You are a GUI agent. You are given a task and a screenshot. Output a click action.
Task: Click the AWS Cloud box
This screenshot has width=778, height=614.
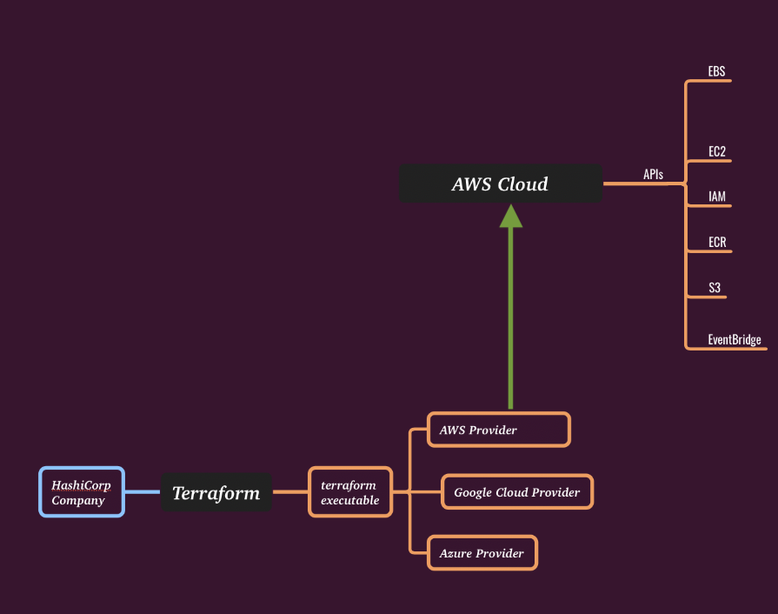click(500, 184)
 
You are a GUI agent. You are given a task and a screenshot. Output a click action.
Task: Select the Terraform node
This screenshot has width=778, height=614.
click(216, 493)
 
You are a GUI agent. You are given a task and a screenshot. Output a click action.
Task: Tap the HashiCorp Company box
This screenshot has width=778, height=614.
click(82, 492)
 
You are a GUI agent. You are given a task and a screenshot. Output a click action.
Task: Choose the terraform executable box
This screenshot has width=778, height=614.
click(349, 492)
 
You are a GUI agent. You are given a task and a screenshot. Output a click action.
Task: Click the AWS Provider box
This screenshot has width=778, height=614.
click(498, 430)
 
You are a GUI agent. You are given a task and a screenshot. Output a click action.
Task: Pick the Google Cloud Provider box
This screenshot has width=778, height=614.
click(516, 492)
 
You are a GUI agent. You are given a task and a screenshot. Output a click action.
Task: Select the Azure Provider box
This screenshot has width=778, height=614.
click(482, 553)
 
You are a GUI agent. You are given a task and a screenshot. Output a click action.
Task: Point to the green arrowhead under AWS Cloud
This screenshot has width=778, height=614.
click(510, 217)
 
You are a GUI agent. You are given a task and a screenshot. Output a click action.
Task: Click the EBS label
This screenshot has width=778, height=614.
click(716, 71)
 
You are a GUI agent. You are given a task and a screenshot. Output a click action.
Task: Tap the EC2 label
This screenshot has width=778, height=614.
click(717, 151)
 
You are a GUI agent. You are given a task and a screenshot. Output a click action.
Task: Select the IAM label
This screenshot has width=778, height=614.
click(717, 197)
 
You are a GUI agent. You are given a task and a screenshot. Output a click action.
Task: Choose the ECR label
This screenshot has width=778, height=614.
click(717, 242)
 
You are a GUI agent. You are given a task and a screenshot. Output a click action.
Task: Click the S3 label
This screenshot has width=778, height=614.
click(715, 287)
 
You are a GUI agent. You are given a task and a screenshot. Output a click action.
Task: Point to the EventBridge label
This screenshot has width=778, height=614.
click(735, 339)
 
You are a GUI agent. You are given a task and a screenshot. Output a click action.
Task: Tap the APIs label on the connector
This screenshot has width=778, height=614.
click(653, 175)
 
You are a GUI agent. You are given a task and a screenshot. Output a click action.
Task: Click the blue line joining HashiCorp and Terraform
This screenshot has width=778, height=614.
click(143, 492)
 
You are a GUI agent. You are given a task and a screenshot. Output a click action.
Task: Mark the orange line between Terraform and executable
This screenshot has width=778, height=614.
click(290, 492)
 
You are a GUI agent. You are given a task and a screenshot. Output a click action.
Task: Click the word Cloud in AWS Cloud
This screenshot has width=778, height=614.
click(523, 184)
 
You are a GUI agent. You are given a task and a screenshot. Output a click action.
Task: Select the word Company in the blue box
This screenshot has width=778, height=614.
click(78, 501)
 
